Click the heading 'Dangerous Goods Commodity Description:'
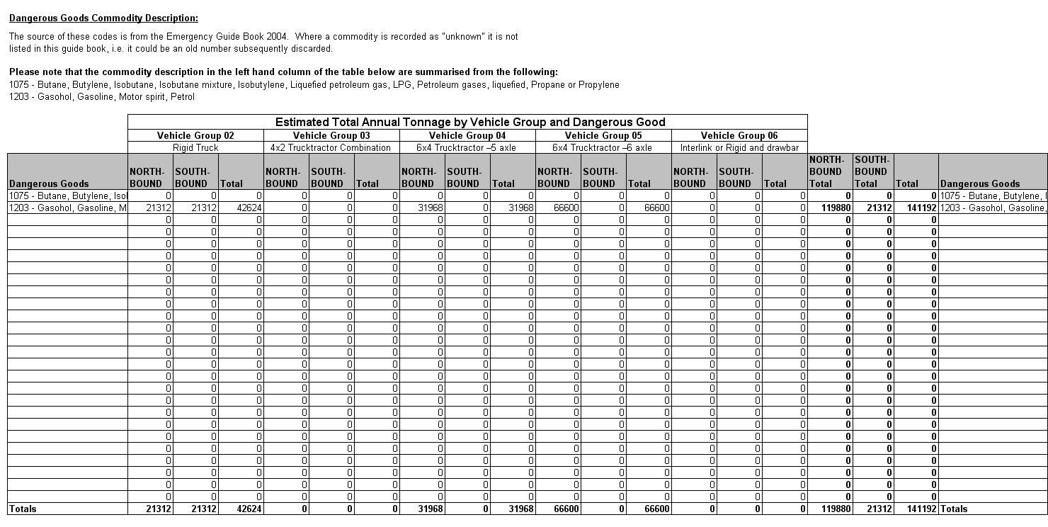(103, 18)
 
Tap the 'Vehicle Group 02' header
(195, 135)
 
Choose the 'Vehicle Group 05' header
(603, 135)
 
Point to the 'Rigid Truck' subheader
(195, 147)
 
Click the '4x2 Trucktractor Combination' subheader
(331, 147)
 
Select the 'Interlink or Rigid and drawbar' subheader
(739, 147)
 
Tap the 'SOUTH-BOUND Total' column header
(871, 171)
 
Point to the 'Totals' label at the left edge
(23, 509)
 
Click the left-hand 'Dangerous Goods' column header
(50, 183)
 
